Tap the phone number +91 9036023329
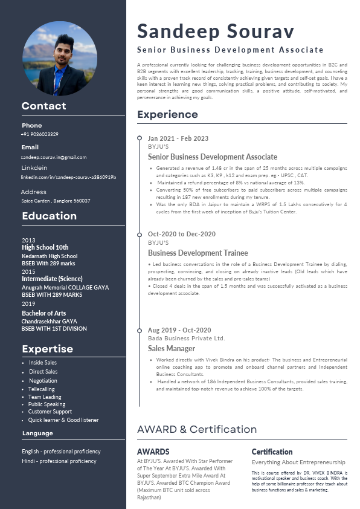[40, 134]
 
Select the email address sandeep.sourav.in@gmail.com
[54, 157]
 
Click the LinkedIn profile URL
[68, 177]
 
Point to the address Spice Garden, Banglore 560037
[56, 201]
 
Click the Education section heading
[49, 216]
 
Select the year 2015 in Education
[28, 272]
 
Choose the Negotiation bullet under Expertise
[43, 381]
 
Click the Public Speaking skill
[47, 404]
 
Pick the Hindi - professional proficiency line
[59, 461]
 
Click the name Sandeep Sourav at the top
[216, 31]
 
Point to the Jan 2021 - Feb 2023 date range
[178, 138]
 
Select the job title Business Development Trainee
[198, 253]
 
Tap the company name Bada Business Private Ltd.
[186, 339]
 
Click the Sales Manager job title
[172, 349]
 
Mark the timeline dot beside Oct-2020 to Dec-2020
[140, 234]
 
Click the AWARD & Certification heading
[197, 429]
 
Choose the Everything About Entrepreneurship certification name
[298, 462]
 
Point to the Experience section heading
[167, 114]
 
